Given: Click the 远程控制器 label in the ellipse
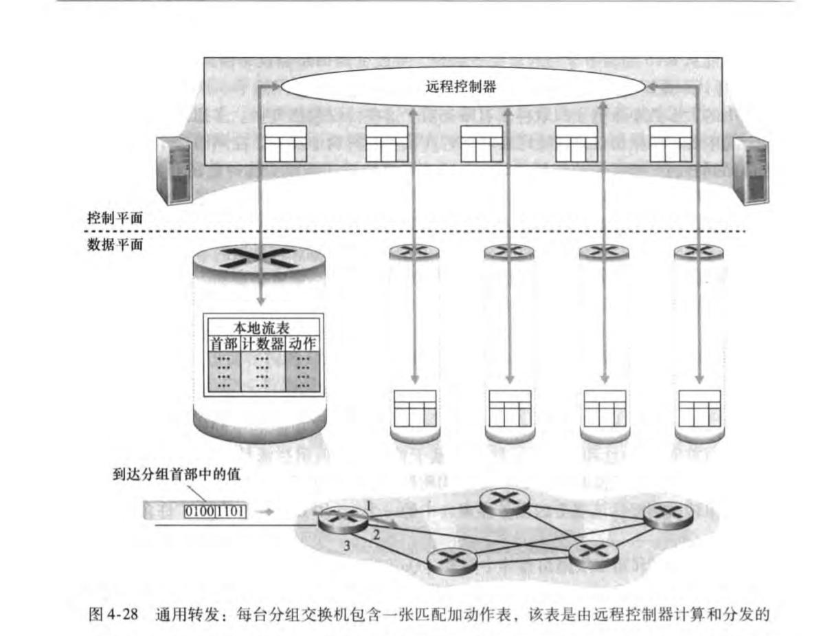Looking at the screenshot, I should coord(461,87).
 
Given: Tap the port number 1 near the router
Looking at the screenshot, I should coord(369,505).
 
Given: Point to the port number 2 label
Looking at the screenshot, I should coord(376,534).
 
